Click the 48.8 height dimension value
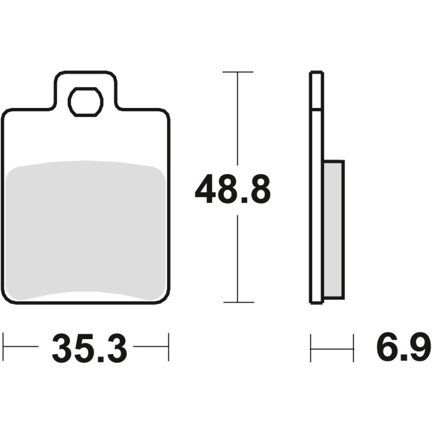[233, 189]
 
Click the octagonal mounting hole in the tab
[85, 102]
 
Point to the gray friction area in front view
[85, 231]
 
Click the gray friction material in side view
[334, 231]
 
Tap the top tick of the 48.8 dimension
[238, 72]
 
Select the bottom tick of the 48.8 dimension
[239, 302]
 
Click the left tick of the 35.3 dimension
[3, 347]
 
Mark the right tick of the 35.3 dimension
[168, 347]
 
